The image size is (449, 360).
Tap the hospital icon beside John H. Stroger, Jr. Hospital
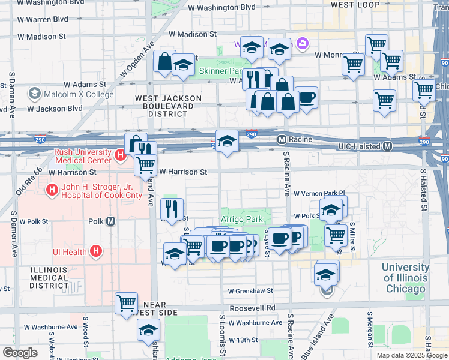[x=52, y=190]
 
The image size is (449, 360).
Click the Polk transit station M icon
[x=110, y=221]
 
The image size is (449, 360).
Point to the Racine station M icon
[x=281, y=140]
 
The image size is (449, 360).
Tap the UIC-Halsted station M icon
[x=388, y=146]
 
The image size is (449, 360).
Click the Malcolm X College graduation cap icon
[x=34, y=94]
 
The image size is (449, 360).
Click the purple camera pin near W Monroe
[x=302, y=43]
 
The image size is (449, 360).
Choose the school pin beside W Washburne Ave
[x=148, y=329]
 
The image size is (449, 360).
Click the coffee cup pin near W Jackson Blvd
[x=307, y=97]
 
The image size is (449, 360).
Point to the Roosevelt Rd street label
[x=258, y=308]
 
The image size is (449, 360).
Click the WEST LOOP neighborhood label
[x=355, y=5]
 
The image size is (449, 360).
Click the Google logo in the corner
[x=20, y=353]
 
